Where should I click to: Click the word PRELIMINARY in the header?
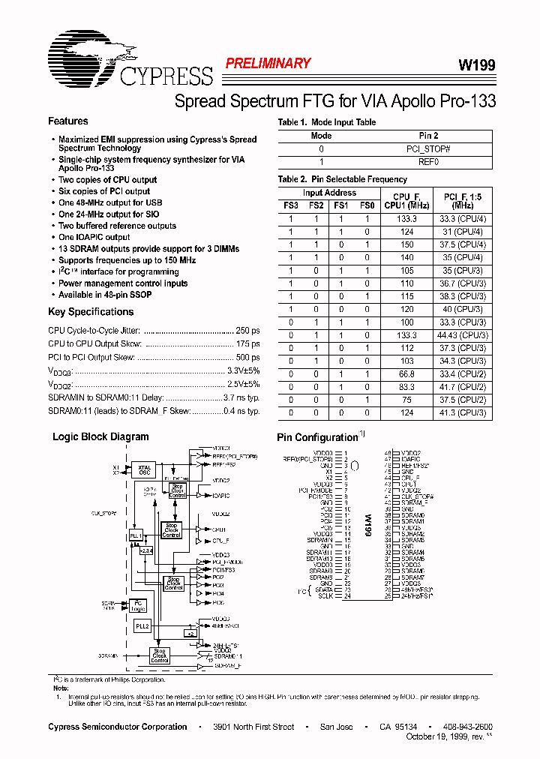tap(268, 64)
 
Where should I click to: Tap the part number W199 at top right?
tap(476, 66)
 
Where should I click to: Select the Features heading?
tap(68, 121)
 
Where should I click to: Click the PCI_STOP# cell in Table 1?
tap(428, 148)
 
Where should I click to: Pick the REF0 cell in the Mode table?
tap(428, 161)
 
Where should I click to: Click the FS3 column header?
tap(291, 205)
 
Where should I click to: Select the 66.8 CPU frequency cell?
tap(406, 374)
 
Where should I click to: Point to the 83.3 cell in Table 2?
tap(406, 387)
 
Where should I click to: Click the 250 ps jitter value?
tap(248, 330)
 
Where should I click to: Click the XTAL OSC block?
tap(145, 470)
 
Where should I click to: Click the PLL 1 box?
tap(136, 535)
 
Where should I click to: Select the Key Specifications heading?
tap(91, 312)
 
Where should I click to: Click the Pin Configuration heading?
tap(318, 437)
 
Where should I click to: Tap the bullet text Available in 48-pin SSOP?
tap(105, 295)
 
